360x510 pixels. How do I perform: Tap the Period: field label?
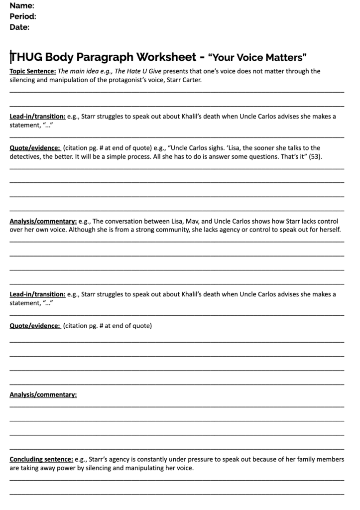23,16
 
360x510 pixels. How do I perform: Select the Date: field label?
19,27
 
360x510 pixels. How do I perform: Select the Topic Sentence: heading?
33,71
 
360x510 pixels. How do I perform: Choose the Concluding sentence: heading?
41,460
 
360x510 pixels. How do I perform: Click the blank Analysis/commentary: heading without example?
43,395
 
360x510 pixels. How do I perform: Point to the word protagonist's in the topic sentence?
132,80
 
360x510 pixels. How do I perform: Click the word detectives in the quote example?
25,156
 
